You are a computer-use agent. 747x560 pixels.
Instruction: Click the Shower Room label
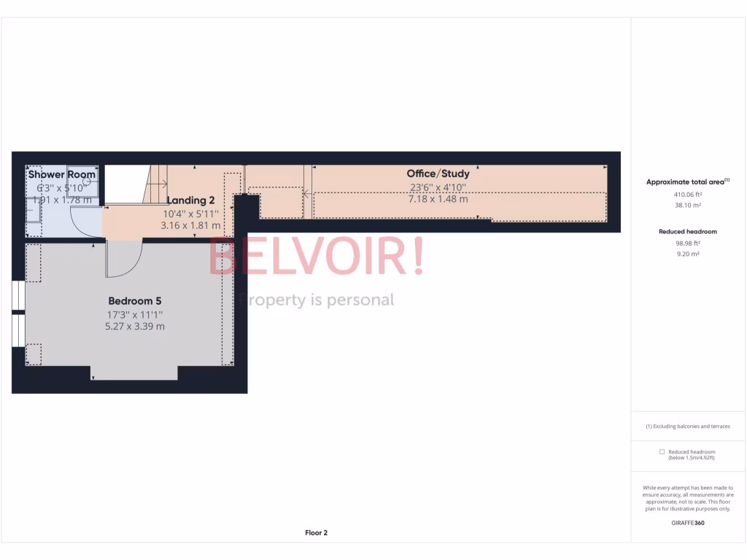[62, 175]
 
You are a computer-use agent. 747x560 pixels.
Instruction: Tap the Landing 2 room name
[190, 201]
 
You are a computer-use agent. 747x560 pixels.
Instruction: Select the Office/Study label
[438, 174]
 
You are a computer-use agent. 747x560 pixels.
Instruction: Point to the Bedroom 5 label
[135, 300]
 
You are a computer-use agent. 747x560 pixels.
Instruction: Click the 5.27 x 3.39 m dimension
[135, 326]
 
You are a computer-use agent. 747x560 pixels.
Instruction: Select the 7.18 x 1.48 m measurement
[438, 198]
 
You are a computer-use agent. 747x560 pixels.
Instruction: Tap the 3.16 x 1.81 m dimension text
[190, 226]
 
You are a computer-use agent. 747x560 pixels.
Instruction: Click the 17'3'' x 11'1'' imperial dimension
[135, 314]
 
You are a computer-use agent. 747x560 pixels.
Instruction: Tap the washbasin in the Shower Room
[33, 210]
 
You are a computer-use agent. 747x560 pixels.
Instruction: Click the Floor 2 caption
[316, 533]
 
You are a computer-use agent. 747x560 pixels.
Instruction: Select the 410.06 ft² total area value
[689, 195]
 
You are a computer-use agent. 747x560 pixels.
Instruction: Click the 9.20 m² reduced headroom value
[689, 254]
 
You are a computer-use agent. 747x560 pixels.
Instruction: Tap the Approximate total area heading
[688, 182]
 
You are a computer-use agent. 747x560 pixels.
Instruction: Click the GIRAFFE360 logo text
[689, 523]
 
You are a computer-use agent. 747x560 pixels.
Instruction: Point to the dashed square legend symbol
[662, 452]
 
